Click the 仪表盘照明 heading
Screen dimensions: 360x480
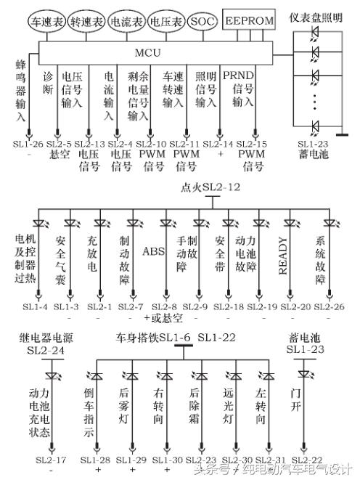tap(316, 16)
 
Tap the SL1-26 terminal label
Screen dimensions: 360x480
tap(28, 145)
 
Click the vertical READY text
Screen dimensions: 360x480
tap(285, 256)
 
